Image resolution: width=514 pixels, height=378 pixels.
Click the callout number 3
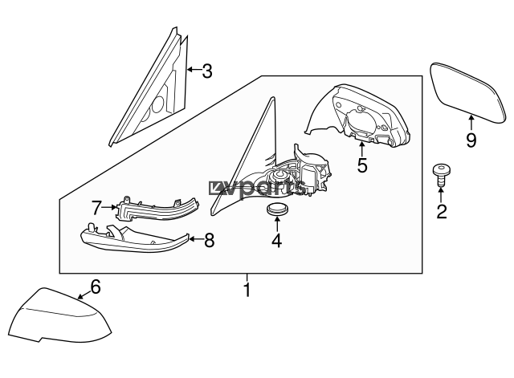(207, 71)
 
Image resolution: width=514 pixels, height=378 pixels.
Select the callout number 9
(471, 140)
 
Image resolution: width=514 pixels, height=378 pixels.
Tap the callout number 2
(442, 211)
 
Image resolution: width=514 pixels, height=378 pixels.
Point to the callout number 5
(362, 165)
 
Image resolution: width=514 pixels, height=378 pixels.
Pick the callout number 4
(276, 241)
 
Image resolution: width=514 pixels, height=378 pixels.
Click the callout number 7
(96, 208)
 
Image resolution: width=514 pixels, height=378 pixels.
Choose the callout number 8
(209, 241)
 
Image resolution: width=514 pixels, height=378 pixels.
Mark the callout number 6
(96, 287)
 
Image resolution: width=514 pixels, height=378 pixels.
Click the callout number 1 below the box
(247, 290)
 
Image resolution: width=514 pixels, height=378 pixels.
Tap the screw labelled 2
(441, 175)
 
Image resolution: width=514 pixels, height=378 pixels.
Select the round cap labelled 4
(277, 209)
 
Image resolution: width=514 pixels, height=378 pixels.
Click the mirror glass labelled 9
(467, 92)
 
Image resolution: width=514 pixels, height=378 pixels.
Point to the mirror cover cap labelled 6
(59, 316)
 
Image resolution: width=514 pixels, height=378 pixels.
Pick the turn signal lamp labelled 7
(157, 209)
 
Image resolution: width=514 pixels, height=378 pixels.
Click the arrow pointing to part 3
(194, 70)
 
